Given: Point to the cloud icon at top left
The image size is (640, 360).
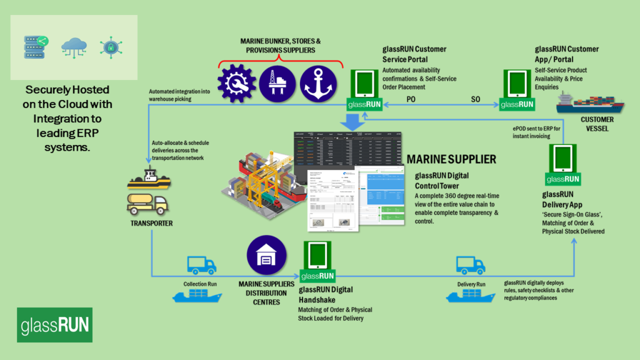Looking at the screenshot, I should (74, 47).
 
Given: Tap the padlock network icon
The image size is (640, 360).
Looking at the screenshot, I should (111, 47).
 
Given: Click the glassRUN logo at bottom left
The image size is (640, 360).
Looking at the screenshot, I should (55, 325).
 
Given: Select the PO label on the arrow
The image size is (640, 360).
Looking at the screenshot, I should (411, 99).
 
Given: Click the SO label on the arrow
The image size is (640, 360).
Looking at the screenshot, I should (475, 99).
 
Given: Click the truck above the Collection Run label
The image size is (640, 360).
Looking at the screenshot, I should (202, 266).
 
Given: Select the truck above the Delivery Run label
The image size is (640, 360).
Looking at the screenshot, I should (470, 266).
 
